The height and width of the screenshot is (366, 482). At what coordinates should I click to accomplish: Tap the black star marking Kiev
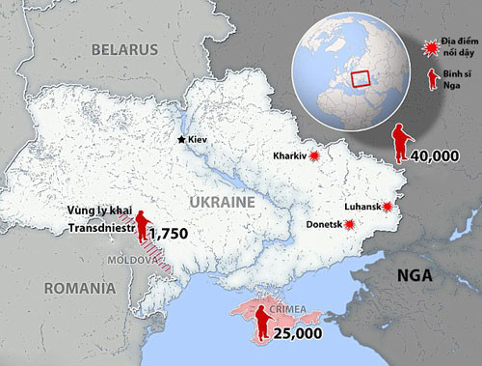(x=180, y=140)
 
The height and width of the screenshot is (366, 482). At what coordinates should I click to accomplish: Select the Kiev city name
(x=198, y=140)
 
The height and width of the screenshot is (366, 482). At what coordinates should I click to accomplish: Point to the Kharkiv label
(x=289, y=155)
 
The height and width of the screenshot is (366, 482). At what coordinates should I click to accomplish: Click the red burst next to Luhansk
(x=388, y=207)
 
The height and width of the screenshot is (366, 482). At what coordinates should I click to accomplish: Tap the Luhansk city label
(x=363, y=207)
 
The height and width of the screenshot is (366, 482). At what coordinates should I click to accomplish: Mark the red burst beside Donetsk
(x=351, y=224)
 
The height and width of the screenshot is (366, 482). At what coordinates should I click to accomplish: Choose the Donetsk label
(x=325, y=224)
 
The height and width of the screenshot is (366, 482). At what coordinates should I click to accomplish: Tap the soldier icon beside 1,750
(x=143, y=225)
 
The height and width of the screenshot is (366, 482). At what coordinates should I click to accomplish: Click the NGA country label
(x=416, y=278)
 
